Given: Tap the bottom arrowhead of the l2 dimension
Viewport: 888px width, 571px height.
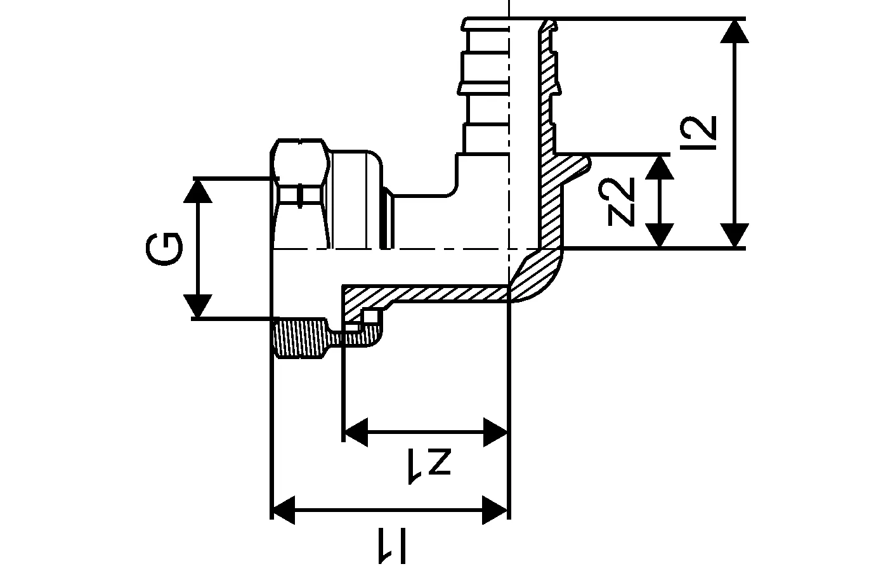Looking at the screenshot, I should [x=735, y=235].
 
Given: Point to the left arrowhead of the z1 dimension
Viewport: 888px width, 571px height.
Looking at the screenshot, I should [x=355, y=433].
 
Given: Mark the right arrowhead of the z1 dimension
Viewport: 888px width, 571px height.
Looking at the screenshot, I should [x=496, y=433].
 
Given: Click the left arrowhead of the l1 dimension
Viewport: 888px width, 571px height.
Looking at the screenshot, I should [x=284, y=509].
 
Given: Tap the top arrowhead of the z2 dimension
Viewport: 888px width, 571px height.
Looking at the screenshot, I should [x=661, y=166].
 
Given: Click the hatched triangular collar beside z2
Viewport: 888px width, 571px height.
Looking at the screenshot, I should [x=568, y=168].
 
